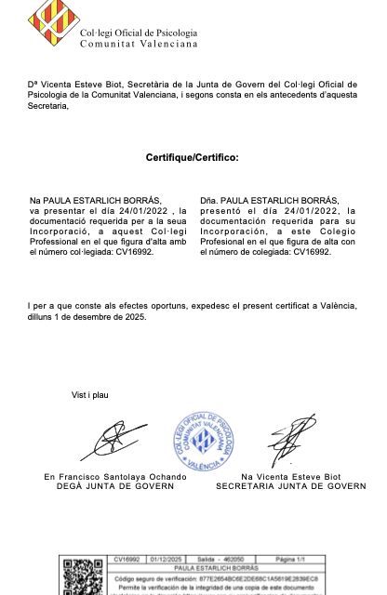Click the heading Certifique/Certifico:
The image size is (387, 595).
click(192, 158)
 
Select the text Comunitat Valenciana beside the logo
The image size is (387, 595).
click(139, 44)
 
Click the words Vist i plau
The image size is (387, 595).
click(90, 395)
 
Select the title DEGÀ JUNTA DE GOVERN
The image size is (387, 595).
click(115, 486)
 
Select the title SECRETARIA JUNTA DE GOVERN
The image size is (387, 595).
click(291, 486)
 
